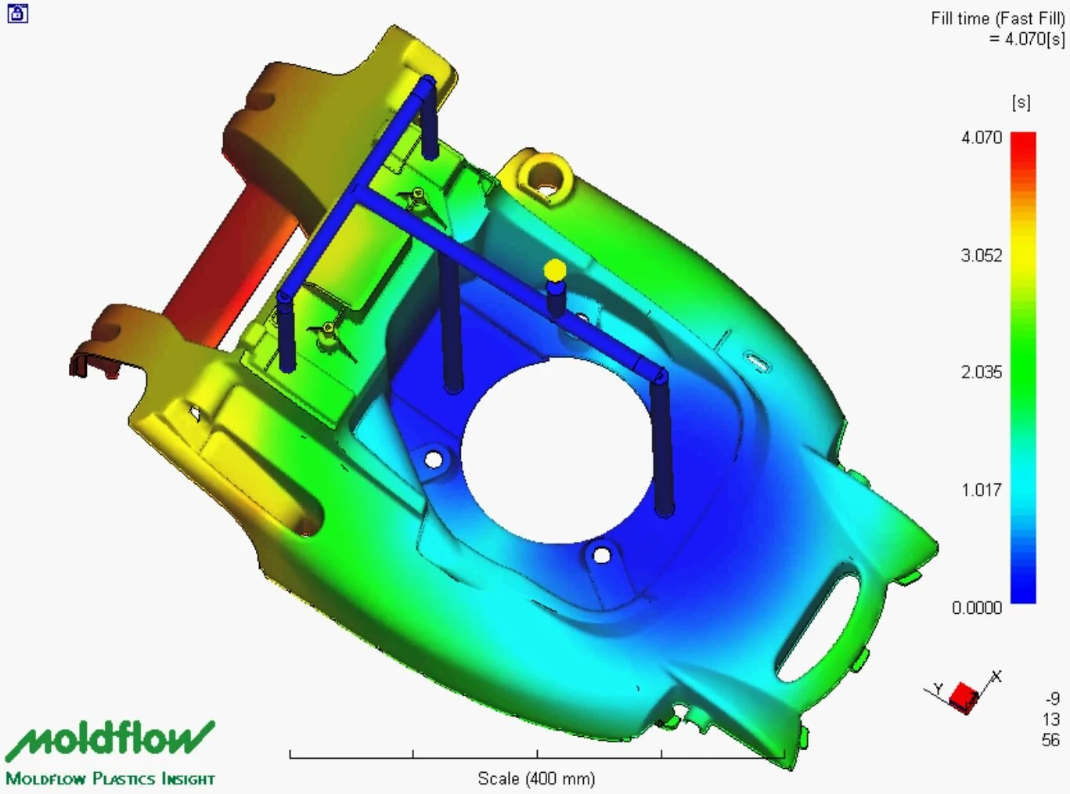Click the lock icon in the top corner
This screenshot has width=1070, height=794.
[17, 13]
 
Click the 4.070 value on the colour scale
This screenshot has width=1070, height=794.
[982, 138]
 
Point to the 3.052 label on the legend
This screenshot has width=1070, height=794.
[982, 255]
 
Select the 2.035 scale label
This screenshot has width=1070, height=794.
[982, 373]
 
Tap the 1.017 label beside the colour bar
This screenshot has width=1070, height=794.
[982, 490]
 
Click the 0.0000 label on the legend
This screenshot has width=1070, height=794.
[977, 608]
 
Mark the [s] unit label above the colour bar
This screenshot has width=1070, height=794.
[1021, 103]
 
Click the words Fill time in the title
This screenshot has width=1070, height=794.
[960, 19]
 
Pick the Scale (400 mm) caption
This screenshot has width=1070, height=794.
[536, 778]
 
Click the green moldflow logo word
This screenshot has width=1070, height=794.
[110, 738]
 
